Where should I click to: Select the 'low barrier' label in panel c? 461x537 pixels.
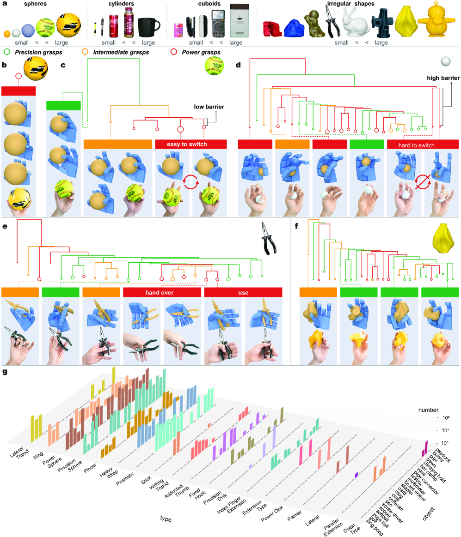pos(209,107)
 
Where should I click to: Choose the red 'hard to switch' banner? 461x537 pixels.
pos(422,144)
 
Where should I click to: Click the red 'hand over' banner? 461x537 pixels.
pos(162,292)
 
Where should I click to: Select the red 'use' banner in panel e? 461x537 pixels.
pos(243,292)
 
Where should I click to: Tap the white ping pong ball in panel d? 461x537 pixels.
pos(446,61)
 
